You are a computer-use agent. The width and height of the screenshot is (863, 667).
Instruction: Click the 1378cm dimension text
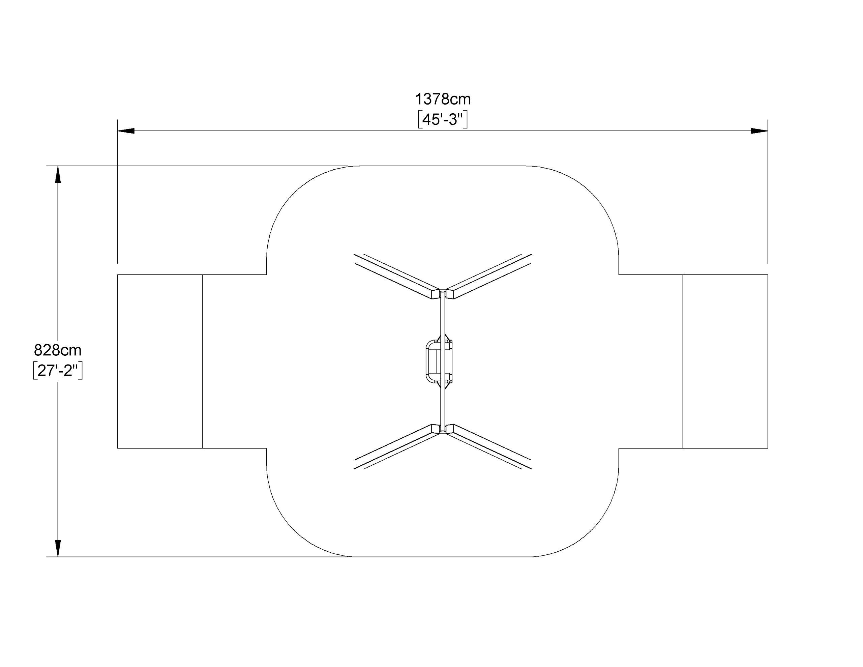pyautogui.click(x=443, y=99)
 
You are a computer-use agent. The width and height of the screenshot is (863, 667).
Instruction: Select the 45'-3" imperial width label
pyautogui.click(x=443, y=120)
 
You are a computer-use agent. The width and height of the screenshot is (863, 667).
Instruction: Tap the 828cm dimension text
pyautogui.click(x=58, y=350)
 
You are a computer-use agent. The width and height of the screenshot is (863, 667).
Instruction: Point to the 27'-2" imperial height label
pyautogui.click(x=58, y=371)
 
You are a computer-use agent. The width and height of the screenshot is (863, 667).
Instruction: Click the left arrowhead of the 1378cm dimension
pyautogui.click(x=126, y=131)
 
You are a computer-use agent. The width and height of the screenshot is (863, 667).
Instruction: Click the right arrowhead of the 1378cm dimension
pyautogui.click(x=759, y=131)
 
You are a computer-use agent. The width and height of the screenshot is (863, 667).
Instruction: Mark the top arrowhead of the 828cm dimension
pyautogui.click(x=58, y=174)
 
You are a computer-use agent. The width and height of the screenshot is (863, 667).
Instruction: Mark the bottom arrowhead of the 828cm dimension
pyautogui.click(x=58, y=548)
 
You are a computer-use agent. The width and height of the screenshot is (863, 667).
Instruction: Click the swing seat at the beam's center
pyautogui.click(x=439, y=362)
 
